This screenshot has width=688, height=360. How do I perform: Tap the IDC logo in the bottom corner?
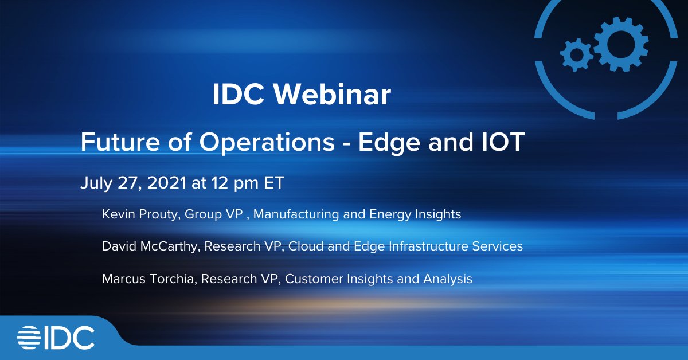point(56,338)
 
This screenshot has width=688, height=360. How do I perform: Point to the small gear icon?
point(576,55)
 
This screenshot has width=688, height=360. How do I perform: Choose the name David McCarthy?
point(150,246)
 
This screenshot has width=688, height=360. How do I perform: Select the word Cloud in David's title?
point(306,246)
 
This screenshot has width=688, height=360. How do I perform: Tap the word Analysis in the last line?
point(448,279)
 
